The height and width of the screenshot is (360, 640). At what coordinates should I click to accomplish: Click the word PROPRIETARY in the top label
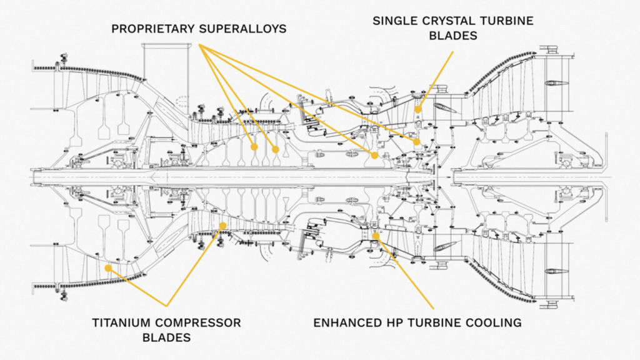151,29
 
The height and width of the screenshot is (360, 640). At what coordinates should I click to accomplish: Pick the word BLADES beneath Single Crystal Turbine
452,36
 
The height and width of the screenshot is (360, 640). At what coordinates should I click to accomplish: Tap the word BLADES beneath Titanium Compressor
166,338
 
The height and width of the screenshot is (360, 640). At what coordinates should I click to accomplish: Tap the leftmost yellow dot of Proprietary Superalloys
254,147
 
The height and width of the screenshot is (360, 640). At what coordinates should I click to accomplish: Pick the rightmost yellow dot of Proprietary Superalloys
416,142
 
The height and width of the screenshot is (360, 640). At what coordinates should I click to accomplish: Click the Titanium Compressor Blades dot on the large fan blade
107,268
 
